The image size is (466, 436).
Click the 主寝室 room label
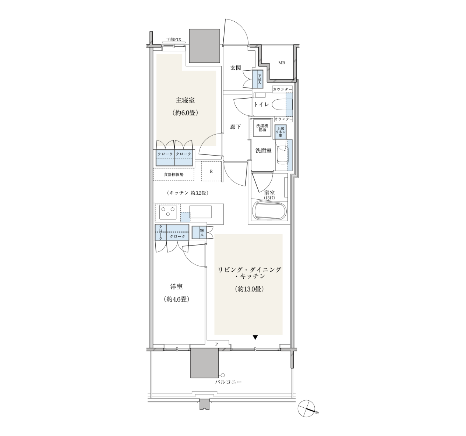185,100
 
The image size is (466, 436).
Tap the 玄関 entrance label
235,68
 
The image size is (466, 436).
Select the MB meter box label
282,63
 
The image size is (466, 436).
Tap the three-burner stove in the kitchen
168,212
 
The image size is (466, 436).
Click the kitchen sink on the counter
200,212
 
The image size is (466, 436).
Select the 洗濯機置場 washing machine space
262,128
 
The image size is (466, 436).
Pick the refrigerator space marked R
211,171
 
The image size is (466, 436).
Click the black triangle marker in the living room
255,337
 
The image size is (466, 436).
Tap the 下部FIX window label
174,40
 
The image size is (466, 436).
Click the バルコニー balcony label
228,389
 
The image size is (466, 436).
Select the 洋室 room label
176,287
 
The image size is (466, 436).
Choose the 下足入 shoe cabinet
258,79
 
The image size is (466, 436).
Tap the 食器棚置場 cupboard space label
174,174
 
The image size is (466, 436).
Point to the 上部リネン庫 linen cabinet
280,132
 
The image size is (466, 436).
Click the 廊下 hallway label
235,127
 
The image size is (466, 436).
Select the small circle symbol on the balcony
222,375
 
